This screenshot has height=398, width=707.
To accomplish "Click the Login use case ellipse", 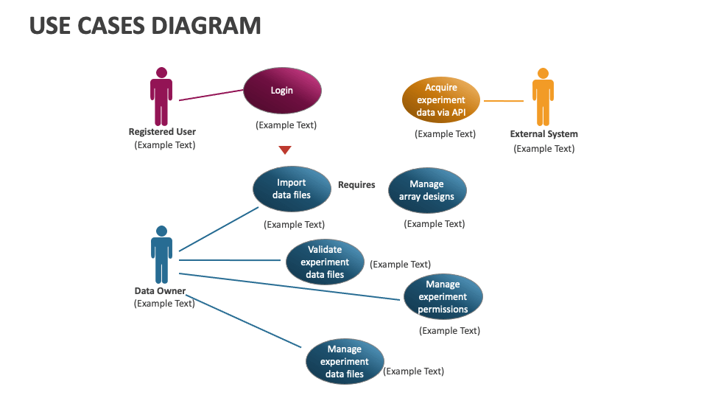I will pyautogui.click(x=282, y=91).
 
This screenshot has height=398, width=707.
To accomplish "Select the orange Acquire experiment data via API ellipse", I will pyautogui.click(x=441, y=99).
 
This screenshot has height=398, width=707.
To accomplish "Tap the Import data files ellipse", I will pyautogui.click(x=292, y=189).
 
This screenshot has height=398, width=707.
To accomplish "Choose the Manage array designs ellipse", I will pyautogui.click(x=427, y=190).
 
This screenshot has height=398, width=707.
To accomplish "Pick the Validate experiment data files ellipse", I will pyautogui.click(x=325, y=262).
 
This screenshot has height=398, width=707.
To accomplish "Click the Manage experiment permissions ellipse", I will pyautogui.click(x=443, y=296).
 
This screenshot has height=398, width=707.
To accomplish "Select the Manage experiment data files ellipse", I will pyautogui.click(x=345, y=361).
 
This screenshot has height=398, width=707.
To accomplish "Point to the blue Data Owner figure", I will pyautogui.click(x=162, y=254).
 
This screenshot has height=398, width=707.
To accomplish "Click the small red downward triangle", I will pyautogui.click(x=285, y=150).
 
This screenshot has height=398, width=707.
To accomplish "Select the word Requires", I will pyautogui.click(x=356, y=185).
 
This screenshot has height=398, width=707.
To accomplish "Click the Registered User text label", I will pyautogui.click(x=162, y=132).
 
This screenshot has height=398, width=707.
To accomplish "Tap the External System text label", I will pyautogui.click(x=544, y=134).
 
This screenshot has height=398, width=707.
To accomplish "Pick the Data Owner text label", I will pyautogui.click(x=160, y=291).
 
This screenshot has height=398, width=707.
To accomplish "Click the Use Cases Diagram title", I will pyautogui.click(x=145, y=26).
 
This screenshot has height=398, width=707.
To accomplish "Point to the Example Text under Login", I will pyautogui.click(x=286, y=125).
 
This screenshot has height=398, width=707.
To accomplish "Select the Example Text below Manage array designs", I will pyautogui.click(x=434, y=224).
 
